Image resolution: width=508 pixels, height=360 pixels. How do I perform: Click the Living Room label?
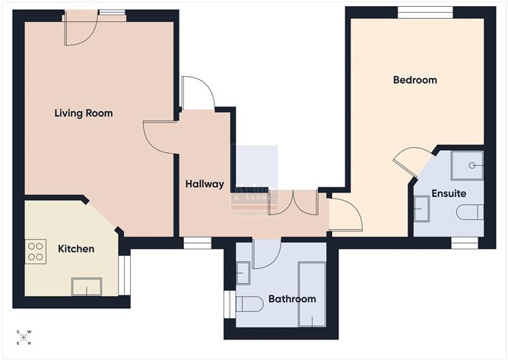tap(84, 113)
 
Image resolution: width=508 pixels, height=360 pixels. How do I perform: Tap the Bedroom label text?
tap(414, 80)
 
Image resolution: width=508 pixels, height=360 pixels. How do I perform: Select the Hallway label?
tap(205, 183)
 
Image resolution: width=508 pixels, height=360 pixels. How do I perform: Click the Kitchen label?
tap(76, 249)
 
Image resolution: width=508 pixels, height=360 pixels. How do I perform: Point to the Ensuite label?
tap(449, 193)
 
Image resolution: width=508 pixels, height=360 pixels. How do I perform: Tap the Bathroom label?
tap(292, 299)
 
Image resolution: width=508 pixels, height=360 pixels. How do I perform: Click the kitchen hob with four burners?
tap(36, 251)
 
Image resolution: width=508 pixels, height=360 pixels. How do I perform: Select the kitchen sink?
tap(87, 287)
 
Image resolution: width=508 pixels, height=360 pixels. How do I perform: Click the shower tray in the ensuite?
tap(466, 164)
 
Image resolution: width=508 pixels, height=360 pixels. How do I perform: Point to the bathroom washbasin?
tap(243, 272)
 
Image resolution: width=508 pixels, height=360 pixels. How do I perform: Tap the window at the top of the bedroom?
tap(425, 11)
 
